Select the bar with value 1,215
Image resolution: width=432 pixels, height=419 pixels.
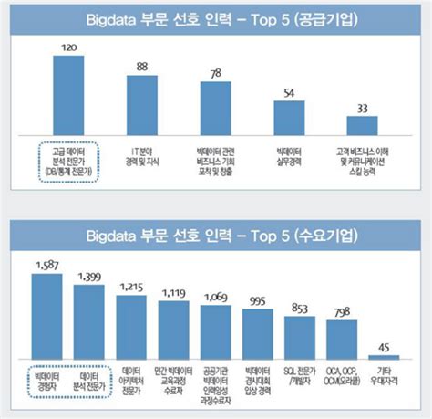[131, 327]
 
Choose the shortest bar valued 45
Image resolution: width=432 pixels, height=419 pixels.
[384, 359]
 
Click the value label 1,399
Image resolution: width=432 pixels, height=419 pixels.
[89, 276]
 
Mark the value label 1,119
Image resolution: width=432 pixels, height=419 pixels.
[173, 294]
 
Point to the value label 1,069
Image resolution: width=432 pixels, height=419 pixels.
[215, 298]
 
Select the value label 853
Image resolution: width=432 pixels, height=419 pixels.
[300, 308]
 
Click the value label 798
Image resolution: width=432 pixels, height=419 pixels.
[342, 313]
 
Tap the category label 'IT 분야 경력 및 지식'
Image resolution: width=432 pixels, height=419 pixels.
[142, 151]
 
